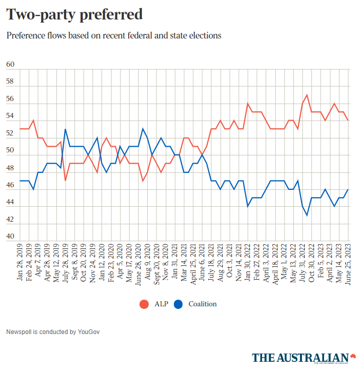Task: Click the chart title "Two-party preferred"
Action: [74, 14]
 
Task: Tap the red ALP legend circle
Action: [144, 304]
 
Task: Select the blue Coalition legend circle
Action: [178, 304]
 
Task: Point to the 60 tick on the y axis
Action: [10, 65]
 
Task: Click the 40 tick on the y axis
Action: [10, 237]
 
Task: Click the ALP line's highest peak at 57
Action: [307, 95]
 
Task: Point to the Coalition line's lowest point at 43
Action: [307, 216]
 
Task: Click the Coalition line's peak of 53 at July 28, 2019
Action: [65, 129]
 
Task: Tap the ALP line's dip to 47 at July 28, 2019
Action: [65, 181]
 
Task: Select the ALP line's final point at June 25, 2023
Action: [349, 121]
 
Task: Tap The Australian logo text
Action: [300, 357]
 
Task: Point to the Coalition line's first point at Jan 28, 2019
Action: [21, 181]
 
